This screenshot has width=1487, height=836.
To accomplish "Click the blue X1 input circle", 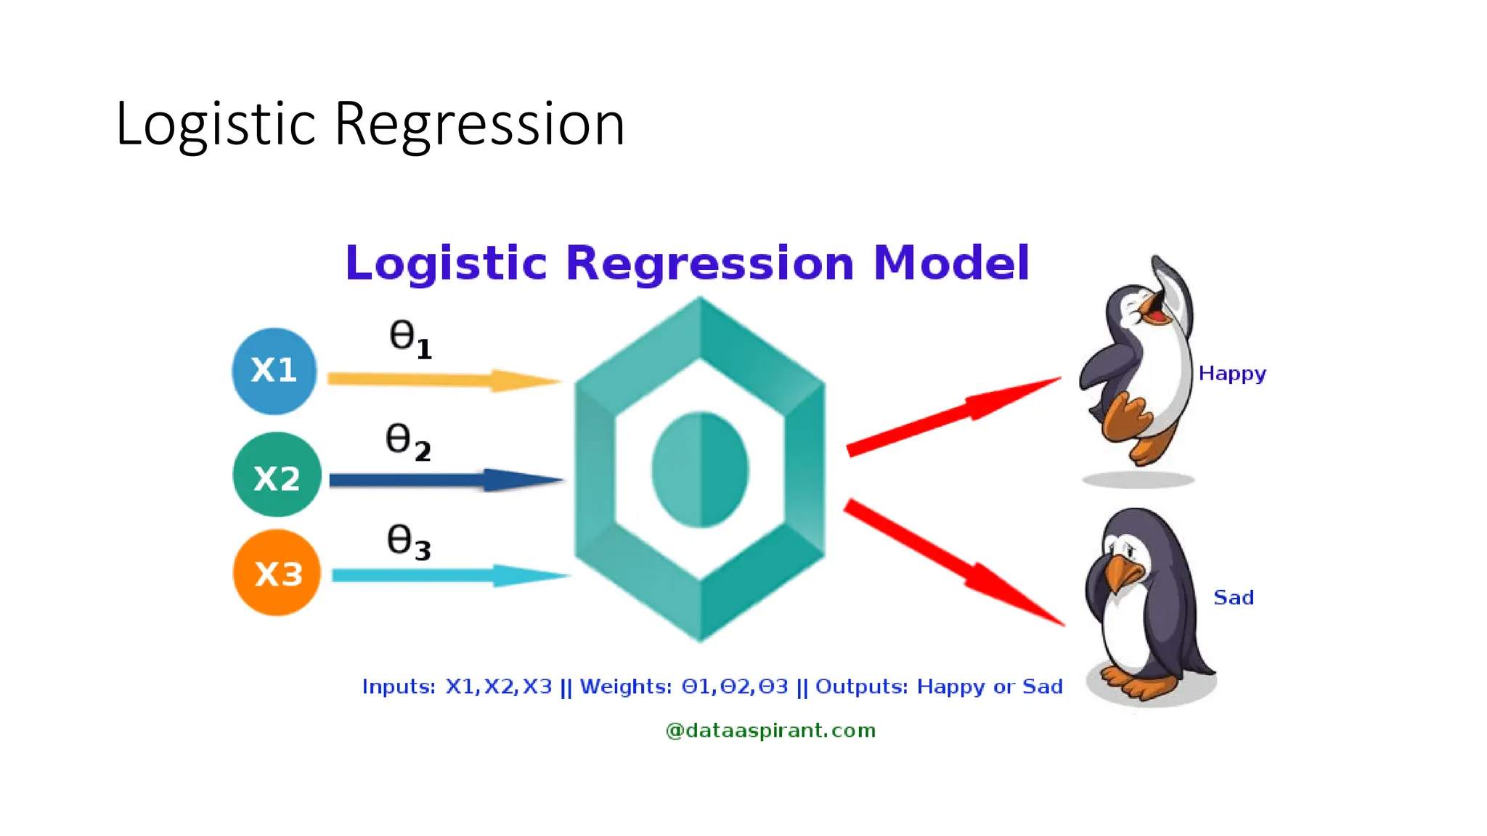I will (x=274, y=371).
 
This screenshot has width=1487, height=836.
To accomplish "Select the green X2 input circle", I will (x=277, y=475).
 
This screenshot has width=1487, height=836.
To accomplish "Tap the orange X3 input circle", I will (x=277, y=573).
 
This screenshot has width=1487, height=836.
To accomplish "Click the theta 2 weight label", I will (x=407, y=441).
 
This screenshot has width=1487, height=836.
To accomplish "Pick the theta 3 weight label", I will (x=408, y=542).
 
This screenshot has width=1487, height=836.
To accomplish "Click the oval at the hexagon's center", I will (x=700, y=470).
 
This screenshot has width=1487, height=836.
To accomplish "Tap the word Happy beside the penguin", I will (x=1231, y=374).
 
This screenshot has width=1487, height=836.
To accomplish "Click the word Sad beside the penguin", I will (x=1233, y=597).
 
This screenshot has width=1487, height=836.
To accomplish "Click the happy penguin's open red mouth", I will (x=1154, y=314).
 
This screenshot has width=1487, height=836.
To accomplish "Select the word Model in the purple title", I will (x=951, y=263).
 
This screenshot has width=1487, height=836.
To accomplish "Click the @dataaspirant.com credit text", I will (x=770, y=730).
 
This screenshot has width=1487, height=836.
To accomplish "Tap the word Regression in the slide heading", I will (x=479, y=125).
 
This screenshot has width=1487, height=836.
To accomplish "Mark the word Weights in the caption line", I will (x=625, y=687).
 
